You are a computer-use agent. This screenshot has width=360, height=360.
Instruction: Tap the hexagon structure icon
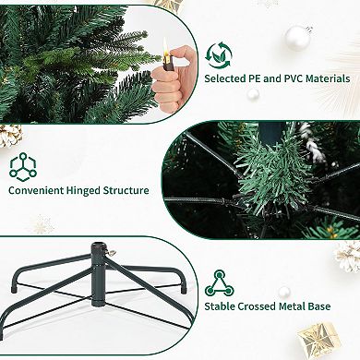(21, 166)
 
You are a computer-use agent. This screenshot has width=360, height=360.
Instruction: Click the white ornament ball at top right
(297, 38)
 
